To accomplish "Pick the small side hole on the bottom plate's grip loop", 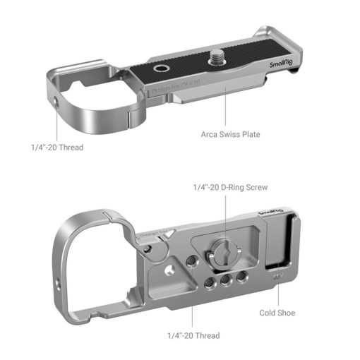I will point(56,287).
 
